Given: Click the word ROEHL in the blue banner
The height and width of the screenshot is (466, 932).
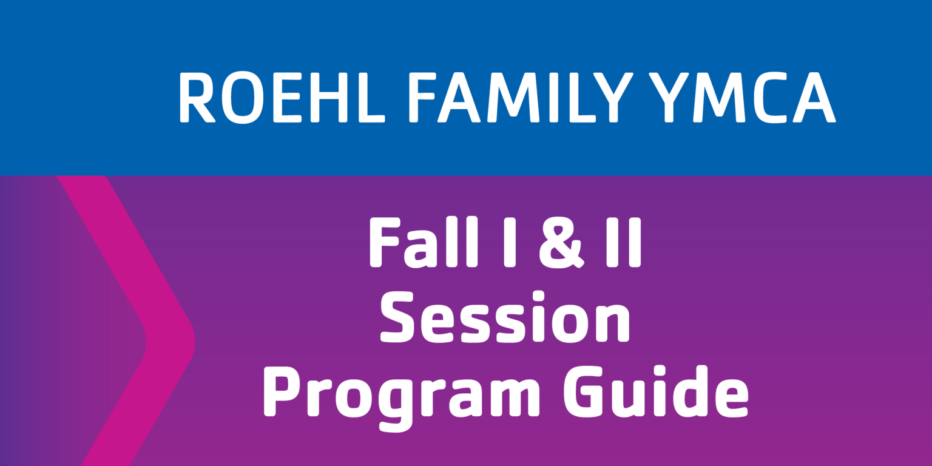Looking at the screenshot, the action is (x=282, y=97).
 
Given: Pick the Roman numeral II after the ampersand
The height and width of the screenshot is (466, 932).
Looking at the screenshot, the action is (x=624, y=243).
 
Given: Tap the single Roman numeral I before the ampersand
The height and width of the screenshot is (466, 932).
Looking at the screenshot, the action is (x=510, y=243).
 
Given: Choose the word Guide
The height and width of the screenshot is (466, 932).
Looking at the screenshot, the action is (x=656, y=391).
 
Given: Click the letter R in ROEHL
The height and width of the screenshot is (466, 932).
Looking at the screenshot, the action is (x=197, y=98).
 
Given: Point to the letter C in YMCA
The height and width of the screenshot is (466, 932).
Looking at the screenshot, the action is (x=769, y=98).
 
